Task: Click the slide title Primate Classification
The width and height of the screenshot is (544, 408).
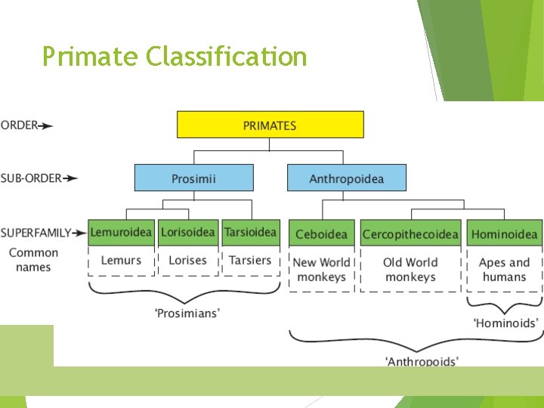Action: [x=175, y=57]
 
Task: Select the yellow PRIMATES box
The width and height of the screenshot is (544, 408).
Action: [x=270, y=125]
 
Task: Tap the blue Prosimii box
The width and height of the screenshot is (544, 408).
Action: [x=193, y=178]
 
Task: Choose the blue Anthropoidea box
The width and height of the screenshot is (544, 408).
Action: [x=346, y=178]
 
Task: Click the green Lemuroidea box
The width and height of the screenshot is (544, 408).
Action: [x=121, y=232]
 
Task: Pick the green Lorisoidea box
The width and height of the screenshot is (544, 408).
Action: [x=187, y=232]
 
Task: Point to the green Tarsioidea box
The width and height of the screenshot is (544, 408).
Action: [x=250, y=232]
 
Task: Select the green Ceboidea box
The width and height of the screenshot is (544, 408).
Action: [x=322, y=233]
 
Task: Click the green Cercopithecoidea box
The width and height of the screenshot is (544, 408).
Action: [x=410, y=233]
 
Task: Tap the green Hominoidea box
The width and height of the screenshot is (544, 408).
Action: [x=504, y=233]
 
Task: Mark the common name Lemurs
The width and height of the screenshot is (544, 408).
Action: [x=121, y=261]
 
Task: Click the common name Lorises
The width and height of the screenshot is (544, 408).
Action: [x=187, y=261]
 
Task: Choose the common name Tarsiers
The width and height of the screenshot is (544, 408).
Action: [x=250, y=261]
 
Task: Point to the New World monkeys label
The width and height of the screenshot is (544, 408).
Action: [x=322, y=270]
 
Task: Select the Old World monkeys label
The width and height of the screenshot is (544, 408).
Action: [x=410, y=270]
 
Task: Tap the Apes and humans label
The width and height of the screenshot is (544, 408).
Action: [x=504, y=270]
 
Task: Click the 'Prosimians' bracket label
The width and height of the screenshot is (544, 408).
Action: [x=187, y=312]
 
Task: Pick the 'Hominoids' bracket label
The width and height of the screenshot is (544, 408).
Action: [x=505, y=323]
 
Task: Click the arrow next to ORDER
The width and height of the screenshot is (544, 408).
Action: [x=47, y=126]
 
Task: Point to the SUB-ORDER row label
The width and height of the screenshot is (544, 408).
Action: [x=30, y=178]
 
